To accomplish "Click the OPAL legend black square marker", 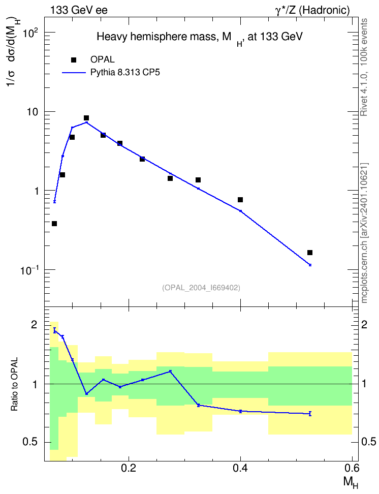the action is tap(74, 60).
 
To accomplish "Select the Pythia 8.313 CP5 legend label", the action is tap(125, 73).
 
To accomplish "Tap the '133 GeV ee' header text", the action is tap(79, 10).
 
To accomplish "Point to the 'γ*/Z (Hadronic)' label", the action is tap(312, 10).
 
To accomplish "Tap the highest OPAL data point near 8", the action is tap(86, 118).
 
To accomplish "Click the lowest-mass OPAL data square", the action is tap(54, 224).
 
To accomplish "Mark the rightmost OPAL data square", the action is tap(310, 253).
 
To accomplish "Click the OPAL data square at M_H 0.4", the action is tap(240, 200).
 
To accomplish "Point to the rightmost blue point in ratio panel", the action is tap(310, 414).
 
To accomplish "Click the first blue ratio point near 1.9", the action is tap(54, 330).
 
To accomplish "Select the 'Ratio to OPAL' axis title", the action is tap(15, 384).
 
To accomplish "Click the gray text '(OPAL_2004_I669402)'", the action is tap(201, 288).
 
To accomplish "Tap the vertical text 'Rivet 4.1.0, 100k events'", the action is tap(364, 67).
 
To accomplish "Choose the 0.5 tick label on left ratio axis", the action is tap(30, 442).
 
